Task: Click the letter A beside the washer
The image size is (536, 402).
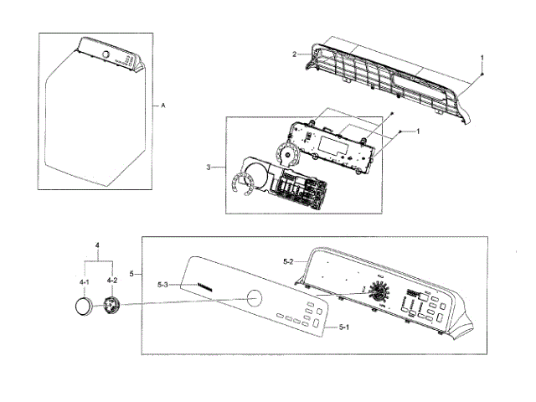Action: [162, 106]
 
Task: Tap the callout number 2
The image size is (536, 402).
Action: [295, 54]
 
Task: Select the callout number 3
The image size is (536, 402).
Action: [207, 167]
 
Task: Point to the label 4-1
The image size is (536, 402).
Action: [85, 283]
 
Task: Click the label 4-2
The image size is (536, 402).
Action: [111, 283]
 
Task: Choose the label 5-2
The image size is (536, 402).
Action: [286, 262]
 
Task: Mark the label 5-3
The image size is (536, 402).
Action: [163, 286]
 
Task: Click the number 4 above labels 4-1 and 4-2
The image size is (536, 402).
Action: [98, 245]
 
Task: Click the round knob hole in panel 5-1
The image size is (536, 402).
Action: [254, 298]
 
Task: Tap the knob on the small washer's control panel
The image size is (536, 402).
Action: [106, 55]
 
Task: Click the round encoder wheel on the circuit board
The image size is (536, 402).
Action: [287, 154]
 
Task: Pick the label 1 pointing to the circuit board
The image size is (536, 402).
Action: [418, 131]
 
